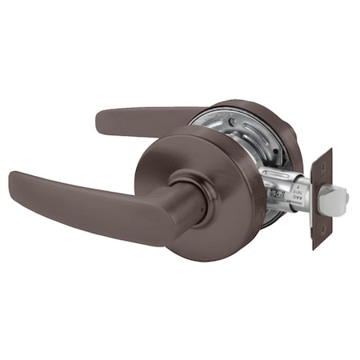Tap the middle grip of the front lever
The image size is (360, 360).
pos(88,205)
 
